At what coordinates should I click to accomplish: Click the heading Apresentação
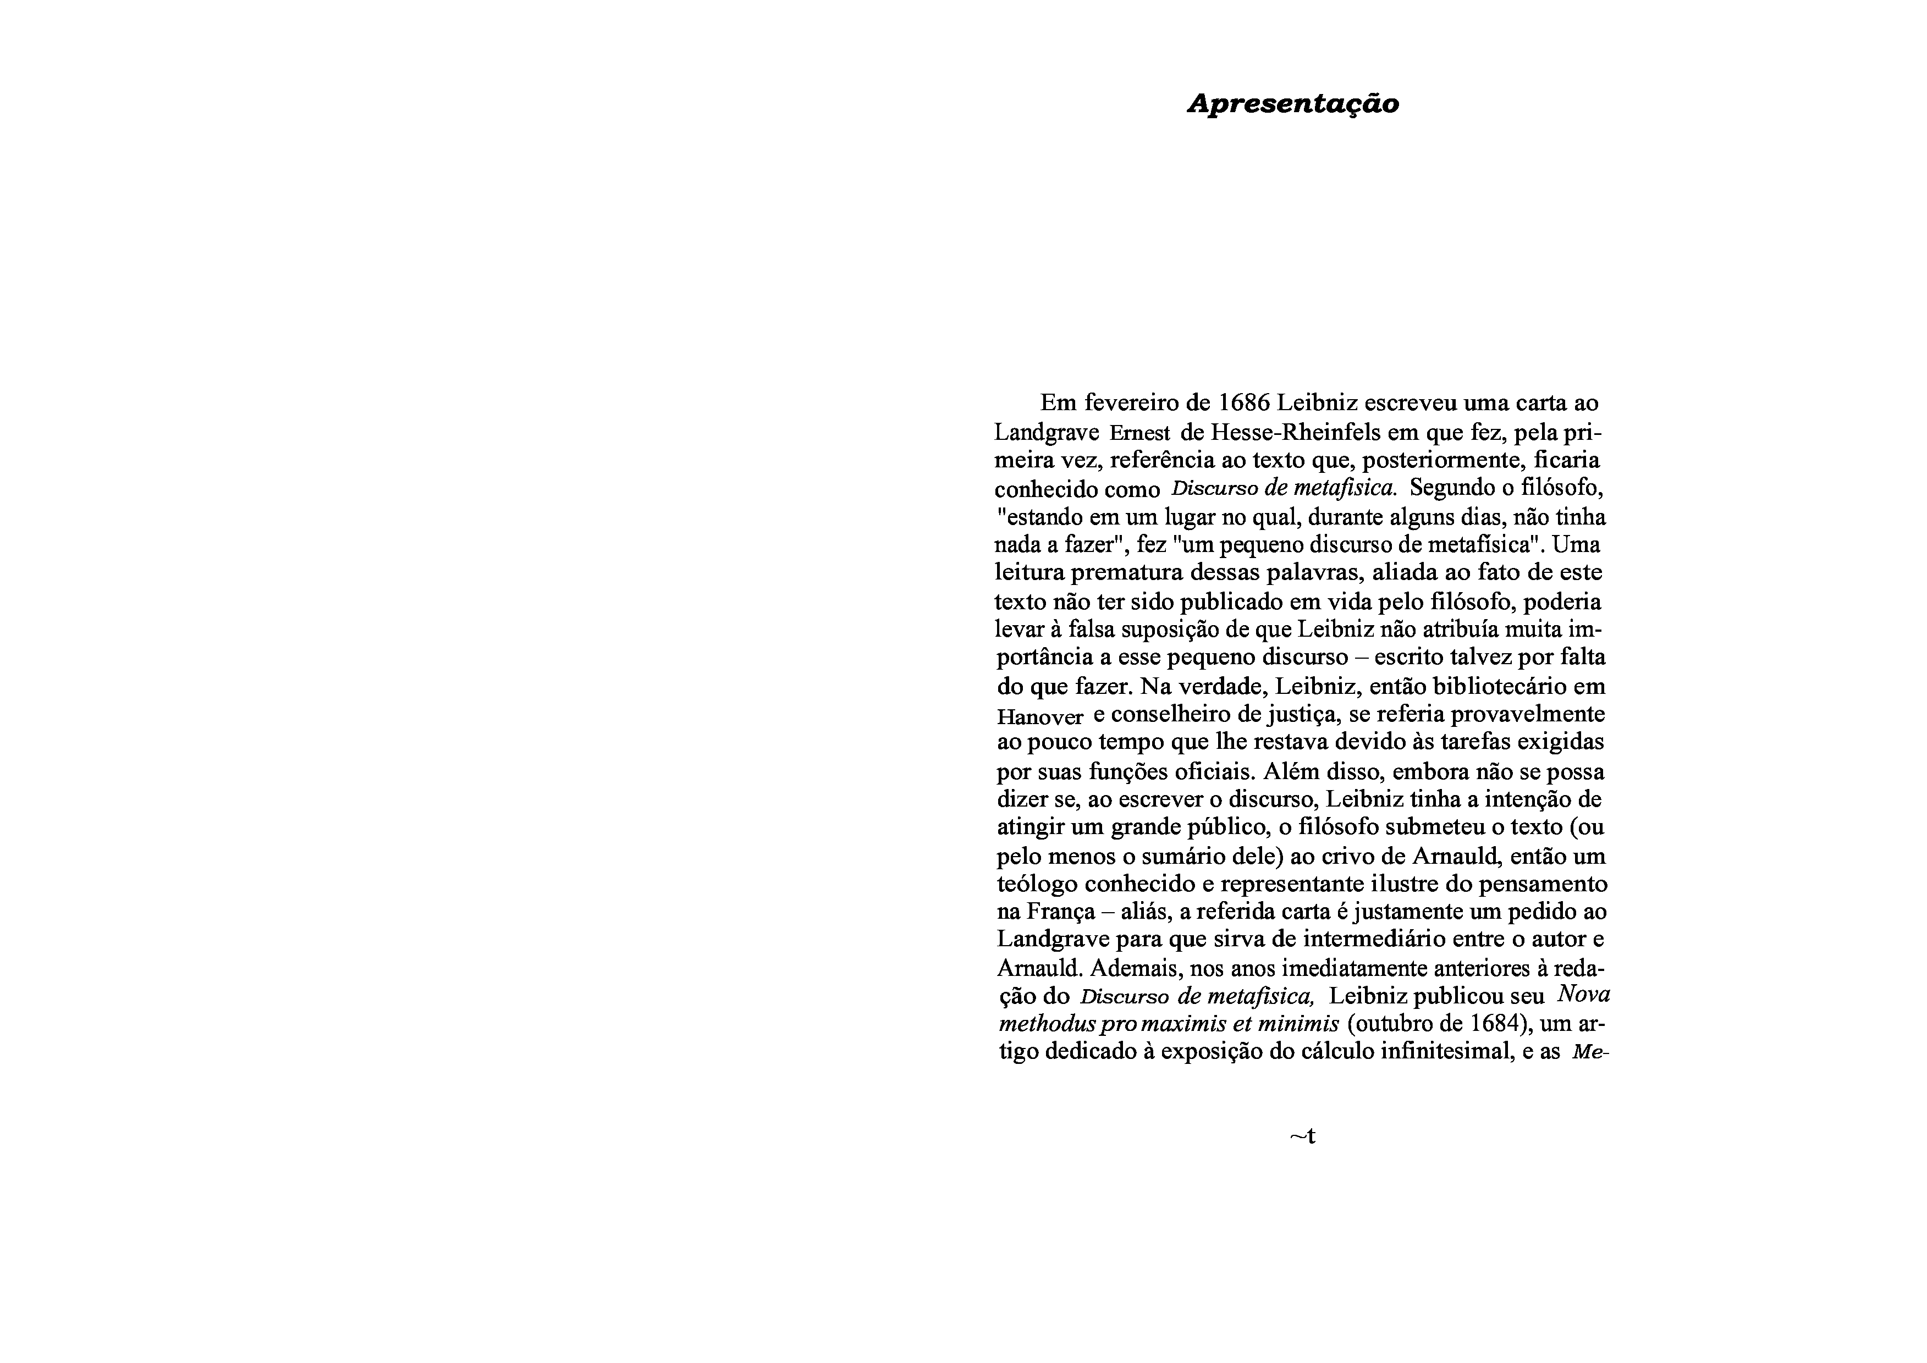point(1292,104)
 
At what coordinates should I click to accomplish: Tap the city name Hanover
point(1040,718)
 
